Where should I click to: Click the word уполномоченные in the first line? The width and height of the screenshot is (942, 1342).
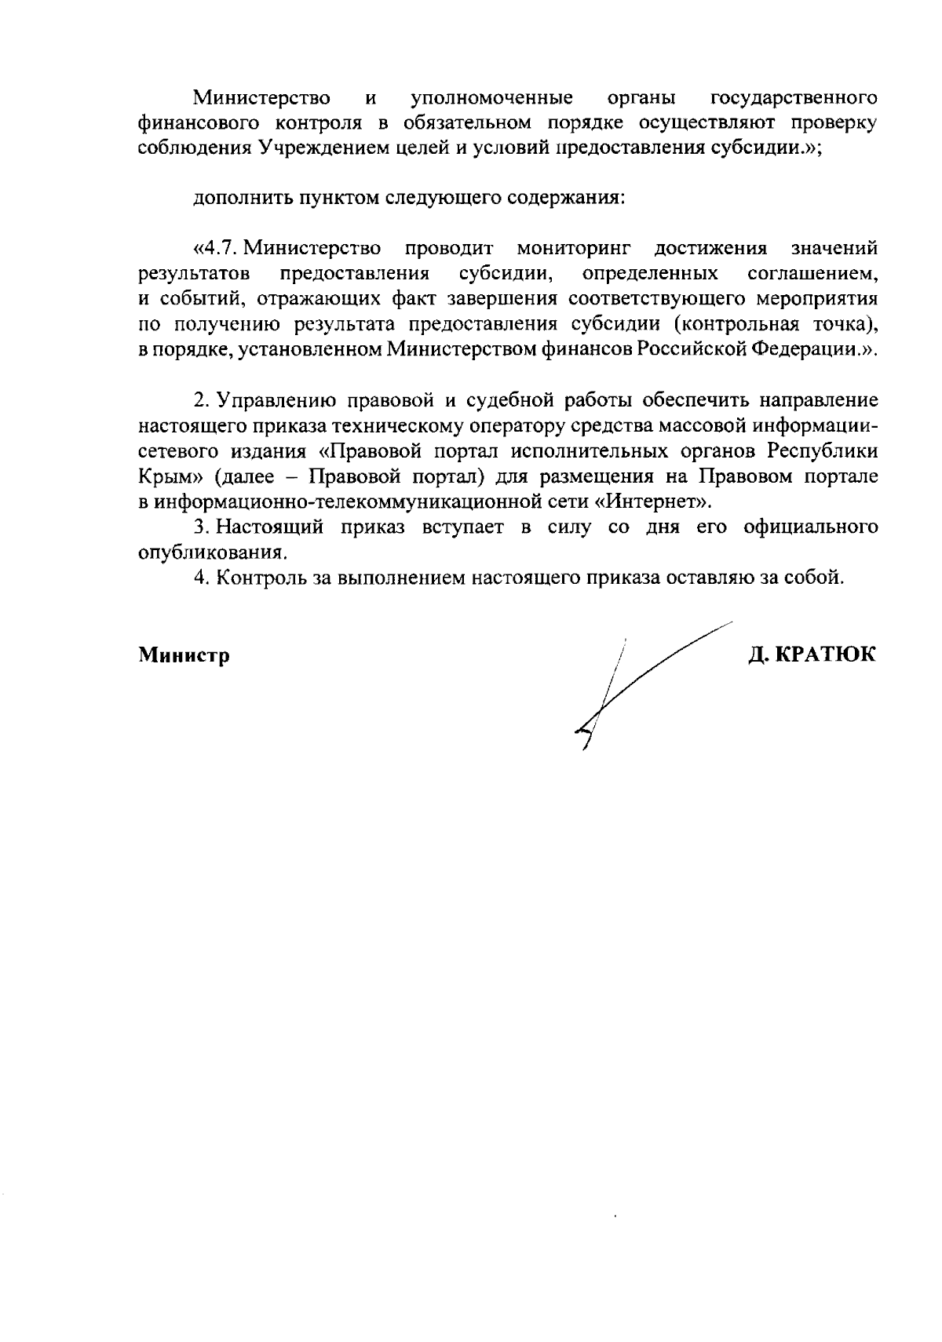[x=491, y=99]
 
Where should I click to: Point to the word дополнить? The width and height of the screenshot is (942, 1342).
[x=240, y=199]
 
